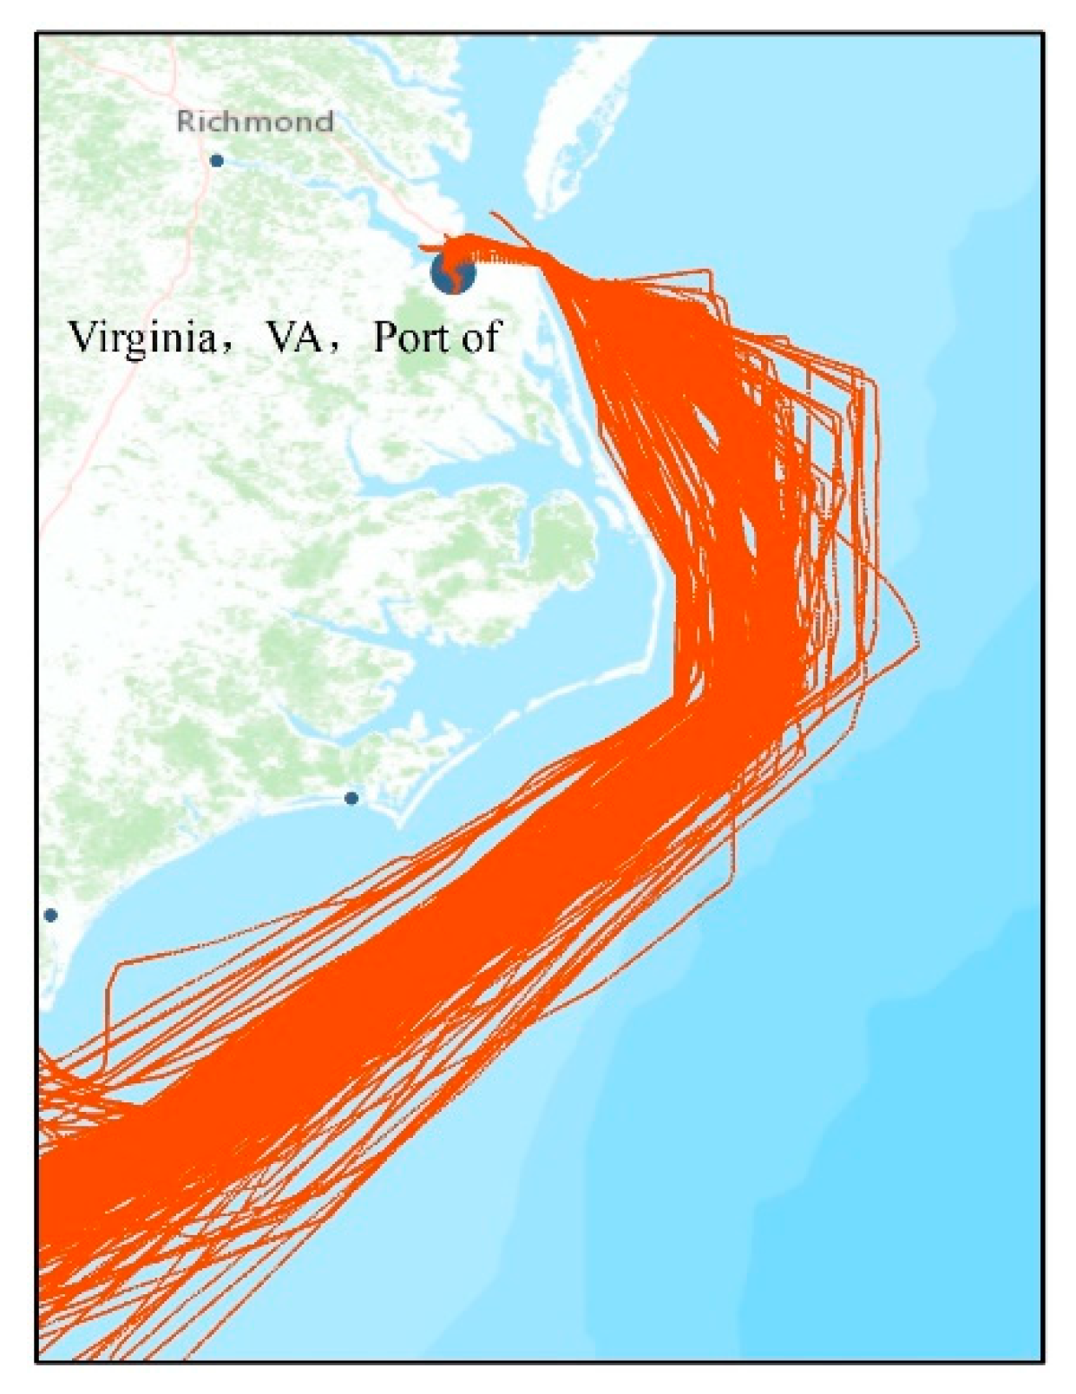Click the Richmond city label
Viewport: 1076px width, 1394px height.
254,122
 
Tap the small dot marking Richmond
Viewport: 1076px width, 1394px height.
216,161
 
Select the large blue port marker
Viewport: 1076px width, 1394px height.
453,273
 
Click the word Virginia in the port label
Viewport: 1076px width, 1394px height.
142,338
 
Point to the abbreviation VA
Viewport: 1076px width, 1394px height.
292,338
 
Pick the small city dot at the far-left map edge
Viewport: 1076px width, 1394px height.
50,915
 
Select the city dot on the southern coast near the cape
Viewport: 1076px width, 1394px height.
351,798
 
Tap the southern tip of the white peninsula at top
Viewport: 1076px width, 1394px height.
540,214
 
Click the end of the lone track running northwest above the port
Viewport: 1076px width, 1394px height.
492,213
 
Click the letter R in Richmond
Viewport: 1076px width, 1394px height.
184,122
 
